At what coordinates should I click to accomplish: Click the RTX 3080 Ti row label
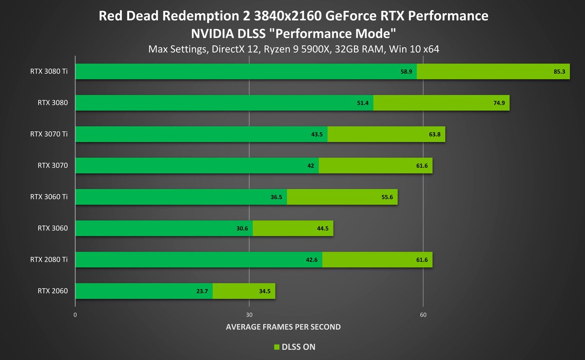[x=49, y=72]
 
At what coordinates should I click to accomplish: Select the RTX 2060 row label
[x=53, y=292]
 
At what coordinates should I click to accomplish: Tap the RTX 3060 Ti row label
[x=49, y=197]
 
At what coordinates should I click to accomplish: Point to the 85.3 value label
[x=559, y=72]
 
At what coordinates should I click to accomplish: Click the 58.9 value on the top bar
[x=407, y=72]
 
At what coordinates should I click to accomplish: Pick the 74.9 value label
[x=499, y=103]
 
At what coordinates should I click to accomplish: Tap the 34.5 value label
[x=265, y=292]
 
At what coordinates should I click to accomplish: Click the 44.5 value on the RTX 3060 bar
[x=323, y=229]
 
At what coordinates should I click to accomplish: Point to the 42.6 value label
[x=312, y=260]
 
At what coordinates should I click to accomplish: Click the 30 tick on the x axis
[x=249, y=315]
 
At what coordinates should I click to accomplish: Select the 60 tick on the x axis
[x=423, y=315]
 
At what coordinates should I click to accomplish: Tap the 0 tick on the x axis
[x=76, y=315]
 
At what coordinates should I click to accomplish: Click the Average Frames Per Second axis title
[x=283, y=327]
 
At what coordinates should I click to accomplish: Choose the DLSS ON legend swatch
[x=276, y=347]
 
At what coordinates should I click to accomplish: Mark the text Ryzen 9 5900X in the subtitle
[x=307, y=49]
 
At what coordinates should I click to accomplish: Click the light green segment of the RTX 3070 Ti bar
[x=386, y=135]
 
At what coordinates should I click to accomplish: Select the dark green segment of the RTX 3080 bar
[x=224, y=103]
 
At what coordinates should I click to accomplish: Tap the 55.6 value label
[x=388, y=197]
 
